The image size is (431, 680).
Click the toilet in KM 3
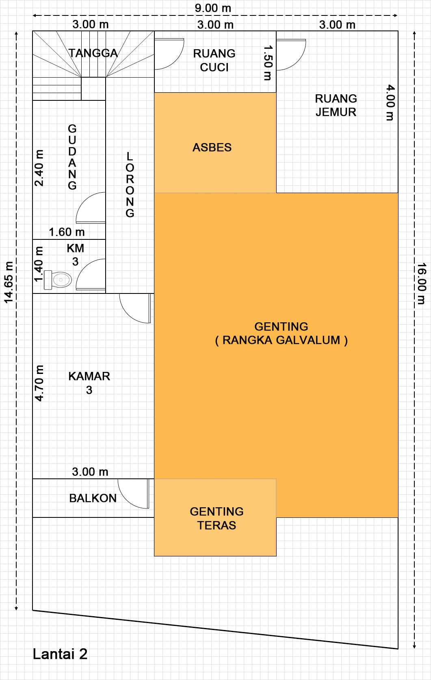click(x=58, y=280)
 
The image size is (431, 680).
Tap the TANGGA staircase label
click(x=93, y=53)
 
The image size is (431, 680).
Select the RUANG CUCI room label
click(x=214, y=60)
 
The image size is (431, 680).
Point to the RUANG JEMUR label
click(x=336, y=105)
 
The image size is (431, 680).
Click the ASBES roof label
click(x=212, y=147)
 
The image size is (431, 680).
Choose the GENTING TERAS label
click(x=217, y=518)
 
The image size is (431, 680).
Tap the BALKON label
click(x=93, y=498)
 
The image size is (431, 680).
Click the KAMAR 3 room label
click(x=89, y=383)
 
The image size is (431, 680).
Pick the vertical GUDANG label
click(x=72, y=157)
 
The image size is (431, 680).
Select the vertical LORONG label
click(x=130, y=185)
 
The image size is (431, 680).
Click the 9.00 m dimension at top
click(x=213, y=8)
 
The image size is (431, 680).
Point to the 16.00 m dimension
click(x=421, y=283)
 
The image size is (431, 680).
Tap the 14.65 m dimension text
click(x=9, y=282)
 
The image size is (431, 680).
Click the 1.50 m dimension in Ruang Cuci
click(x=268, y=63)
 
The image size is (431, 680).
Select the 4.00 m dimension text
click(x=390, y=102)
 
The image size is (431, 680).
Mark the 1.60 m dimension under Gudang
click(x=67, y=232)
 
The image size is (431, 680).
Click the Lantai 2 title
click(x=60, y=654)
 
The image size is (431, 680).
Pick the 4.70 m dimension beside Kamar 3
click(x=39, y=383)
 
